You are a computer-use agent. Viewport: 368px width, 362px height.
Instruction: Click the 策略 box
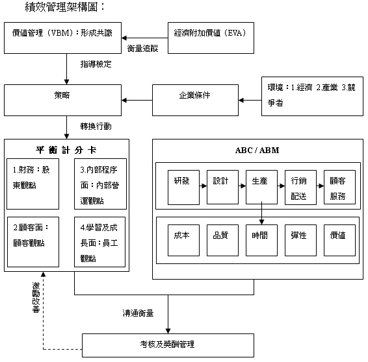click(62, 100)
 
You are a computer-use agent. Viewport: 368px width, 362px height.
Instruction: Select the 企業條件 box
click(195, 100)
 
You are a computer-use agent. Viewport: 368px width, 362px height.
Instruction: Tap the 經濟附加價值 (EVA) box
click(211, 38)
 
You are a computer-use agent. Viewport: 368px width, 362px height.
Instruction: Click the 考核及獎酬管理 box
click(168, 345)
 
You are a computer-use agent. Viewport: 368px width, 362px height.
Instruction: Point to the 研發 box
click(183, 187)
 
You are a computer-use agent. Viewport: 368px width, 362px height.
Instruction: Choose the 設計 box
click(222, 187)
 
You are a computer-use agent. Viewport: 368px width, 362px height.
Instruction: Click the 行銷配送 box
click(300, 187)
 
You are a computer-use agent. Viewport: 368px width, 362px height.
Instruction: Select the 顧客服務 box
click(339, 187)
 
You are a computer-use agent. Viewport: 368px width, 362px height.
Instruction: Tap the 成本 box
click(183, 241)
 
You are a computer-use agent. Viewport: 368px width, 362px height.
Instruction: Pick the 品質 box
click(222, 241)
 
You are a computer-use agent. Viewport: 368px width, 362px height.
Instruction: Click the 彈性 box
click(300, 241)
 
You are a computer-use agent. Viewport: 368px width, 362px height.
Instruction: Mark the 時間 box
click(261, 241)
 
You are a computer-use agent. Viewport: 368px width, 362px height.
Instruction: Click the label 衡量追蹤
click(142, 49)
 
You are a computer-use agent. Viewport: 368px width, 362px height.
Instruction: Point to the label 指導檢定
click(96, 64)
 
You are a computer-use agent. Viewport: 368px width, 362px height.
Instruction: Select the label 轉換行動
click(96, 127)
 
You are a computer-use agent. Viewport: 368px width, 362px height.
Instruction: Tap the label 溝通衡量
click(138, 313)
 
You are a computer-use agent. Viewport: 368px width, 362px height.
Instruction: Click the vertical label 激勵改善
click(36, 298)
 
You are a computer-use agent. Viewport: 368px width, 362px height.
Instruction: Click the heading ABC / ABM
click(257, 150)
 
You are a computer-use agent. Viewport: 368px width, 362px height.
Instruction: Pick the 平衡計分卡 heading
click(66, 150)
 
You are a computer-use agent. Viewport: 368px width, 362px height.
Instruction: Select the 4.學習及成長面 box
click(99, 242)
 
